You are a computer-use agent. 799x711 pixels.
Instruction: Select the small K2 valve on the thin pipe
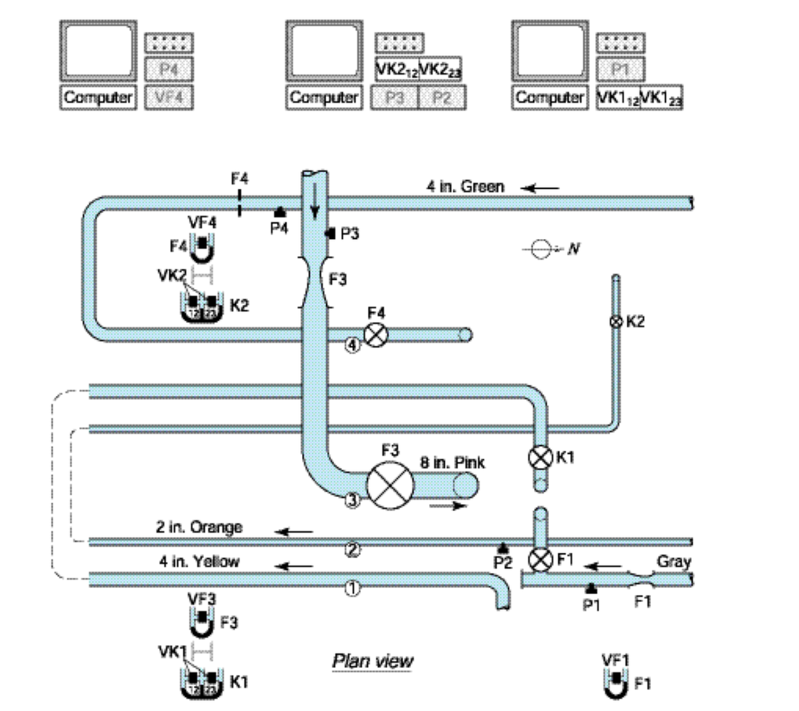(x=615, y=321)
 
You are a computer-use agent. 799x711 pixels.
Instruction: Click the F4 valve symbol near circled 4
(x=376, y=335)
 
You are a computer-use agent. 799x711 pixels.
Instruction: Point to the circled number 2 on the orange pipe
(x=352, y=550)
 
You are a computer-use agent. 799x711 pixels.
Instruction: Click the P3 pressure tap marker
(x=330, y=234)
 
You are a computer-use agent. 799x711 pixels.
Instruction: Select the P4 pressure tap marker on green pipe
(x=278, y=210)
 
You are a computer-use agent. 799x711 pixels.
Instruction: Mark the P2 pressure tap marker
(x=503, y=549)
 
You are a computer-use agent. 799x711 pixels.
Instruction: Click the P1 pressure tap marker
(x=591, y=588)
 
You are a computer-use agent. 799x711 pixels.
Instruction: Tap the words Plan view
(x=372, y=660)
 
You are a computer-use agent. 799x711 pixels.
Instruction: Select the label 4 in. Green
(x=465, y=186)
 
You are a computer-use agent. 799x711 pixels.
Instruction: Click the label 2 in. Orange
(x=199, y=527)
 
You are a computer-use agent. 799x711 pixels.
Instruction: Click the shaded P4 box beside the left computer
(x=169, y=69)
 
